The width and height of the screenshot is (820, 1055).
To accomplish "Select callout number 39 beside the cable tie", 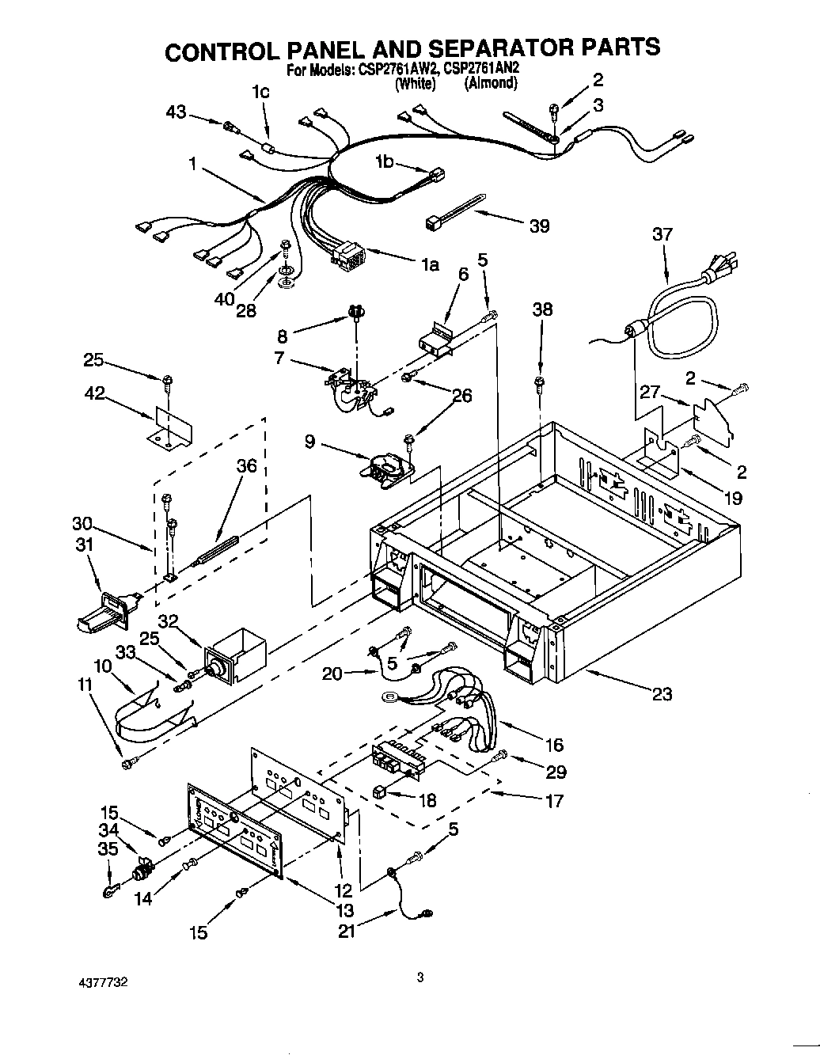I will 539,226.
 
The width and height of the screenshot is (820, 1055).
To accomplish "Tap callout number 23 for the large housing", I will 662,694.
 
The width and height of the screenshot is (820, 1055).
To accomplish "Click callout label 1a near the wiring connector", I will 429,264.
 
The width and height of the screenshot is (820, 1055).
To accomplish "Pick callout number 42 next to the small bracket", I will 95,393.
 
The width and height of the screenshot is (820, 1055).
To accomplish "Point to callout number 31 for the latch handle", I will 84,545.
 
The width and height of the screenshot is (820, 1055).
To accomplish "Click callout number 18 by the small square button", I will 427,800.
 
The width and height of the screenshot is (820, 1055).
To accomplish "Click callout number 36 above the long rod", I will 247,465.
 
